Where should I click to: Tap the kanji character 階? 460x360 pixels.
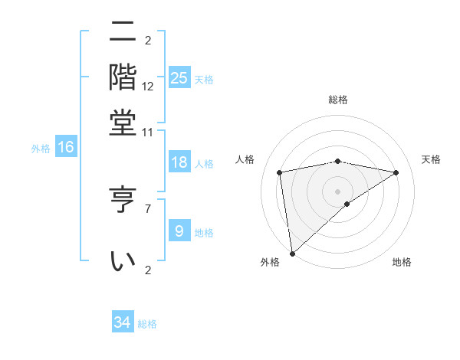pyautogui.click(x=123, y=77)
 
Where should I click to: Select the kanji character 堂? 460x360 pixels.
pyautogui.click(x=123, y=123)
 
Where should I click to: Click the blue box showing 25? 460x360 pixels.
pyautogui.click(x=179, y=78)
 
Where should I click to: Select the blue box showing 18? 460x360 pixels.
pyautogui.click(x=179, y=162)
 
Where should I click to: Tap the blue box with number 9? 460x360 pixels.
pyautogui.click(x=179, y=231)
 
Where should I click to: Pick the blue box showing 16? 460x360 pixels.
pyautogui.click(x=66, y=148)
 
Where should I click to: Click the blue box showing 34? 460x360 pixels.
pyautogui.click(x=123, y=322)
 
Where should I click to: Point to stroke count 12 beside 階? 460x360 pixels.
pyautogui.click(x=148, y=85)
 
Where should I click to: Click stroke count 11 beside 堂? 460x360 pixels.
pyautogui.click(x=147, y=132)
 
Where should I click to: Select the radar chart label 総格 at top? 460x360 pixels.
pyautogui.click(x=338, y=100)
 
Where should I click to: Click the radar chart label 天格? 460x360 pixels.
pyautogui.click(x=431, y=159)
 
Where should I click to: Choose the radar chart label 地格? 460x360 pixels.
pyautogui.click(x=402, y=262)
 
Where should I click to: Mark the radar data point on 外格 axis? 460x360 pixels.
pyautogui.click(x=292, y=254)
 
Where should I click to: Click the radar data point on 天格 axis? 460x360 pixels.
pyautogui.click(x=396, y=172)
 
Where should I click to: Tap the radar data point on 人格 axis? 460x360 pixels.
pyautogui.click(x=280, y=172)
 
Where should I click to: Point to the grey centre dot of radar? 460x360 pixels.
pyautogui.click(x=338, y=191)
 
